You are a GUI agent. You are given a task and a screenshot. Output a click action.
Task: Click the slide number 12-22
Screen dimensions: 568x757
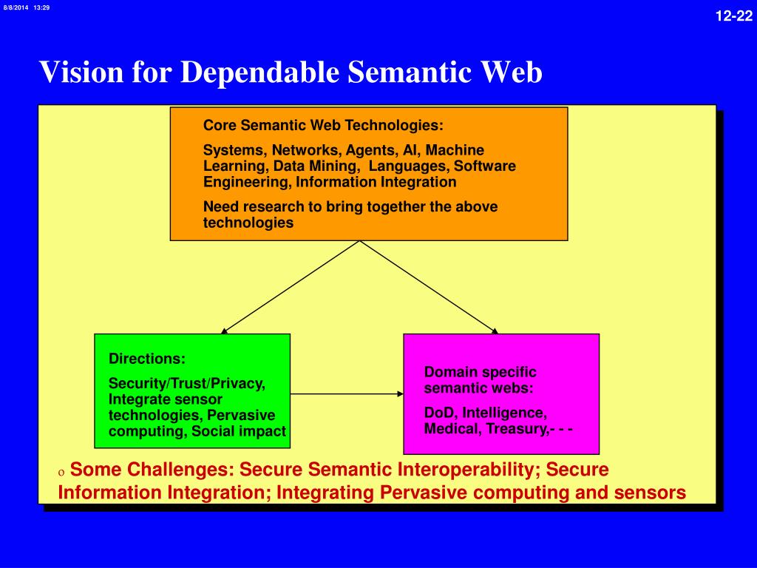pyautogui.click(x=733, y=17)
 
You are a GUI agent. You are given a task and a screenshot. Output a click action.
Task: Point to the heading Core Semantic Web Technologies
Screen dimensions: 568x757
pyautogui.click(x=323, y=124)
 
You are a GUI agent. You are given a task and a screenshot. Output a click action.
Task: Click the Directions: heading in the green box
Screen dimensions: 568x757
pyautogui.click(x=147, y=359)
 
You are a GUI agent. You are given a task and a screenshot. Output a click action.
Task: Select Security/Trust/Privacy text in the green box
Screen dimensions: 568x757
pyautogui.click(x=186, y=384)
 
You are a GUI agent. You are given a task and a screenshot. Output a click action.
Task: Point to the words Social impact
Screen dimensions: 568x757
pyautogui.click(x=238, y=431)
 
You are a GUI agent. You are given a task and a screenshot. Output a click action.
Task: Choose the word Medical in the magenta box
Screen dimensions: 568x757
pyautogui.click(x=452, y=428)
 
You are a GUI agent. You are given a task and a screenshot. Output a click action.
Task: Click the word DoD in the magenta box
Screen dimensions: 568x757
pyautogui.click(x=439, y=413)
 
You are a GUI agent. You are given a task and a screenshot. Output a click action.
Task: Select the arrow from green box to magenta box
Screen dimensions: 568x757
pyautogui.click(x=347, y=393)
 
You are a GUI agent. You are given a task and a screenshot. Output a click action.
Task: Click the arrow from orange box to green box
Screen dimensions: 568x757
pyautogui.click(x=291, y=287)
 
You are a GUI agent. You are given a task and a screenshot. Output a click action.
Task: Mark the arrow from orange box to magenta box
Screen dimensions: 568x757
pyautogui.click(x=428, y=287)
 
